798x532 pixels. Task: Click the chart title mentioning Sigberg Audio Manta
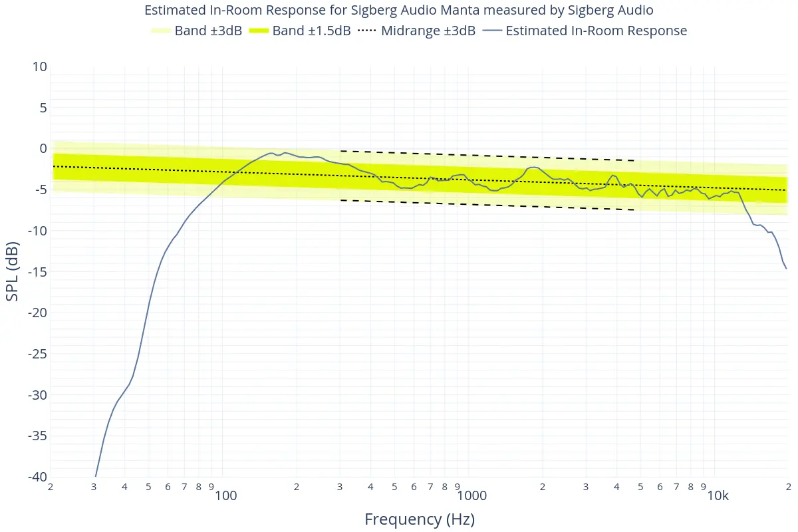[x=399, y=10]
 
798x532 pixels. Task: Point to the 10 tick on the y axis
[x=39, y=66]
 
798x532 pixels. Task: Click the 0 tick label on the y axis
[x=43, y=148]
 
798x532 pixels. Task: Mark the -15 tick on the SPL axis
[x=37, y=272]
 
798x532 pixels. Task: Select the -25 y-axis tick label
[x=37, y=354]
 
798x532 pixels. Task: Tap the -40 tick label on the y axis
[x=37, y=477]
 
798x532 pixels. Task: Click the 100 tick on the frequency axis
[x=226, y=496]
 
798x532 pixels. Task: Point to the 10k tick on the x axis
[x=718, y=496]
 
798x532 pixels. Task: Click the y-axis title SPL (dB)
[x=13, y=271]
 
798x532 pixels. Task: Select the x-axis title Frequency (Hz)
[x=420, y=519]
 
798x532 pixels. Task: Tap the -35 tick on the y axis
[x=37, y=436]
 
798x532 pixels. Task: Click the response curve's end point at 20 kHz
[x=787, y=269]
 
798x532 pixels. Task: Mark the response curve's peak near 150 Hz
[x=271, y=153]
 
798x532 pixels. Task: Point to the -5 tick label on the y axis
[x=40, y=190]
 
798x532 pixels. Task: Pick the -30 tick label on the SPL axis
[x=37, y=395]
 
